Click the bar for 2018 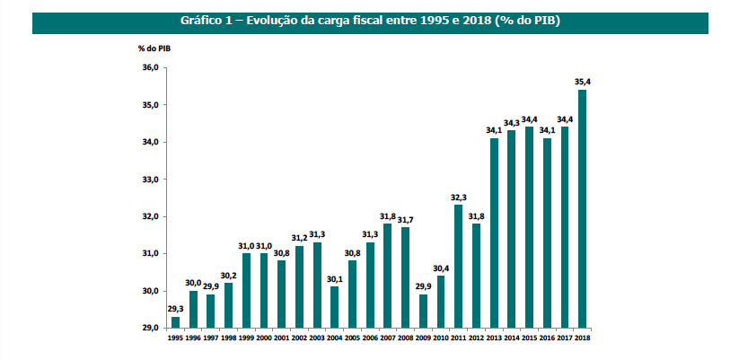(583, 208)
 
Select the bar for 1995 (175, 322)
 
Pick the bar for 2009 (423, 311)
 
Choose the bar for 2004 (335, 307)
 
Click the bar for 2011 (459, 266)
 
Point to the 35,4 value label (583, 82)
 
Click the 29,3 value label (175, 309)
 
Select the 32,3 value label (459, 197)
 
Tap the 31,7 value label (405, 219)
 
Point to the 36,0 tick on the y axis (151, 67)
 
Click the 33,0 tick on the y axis (151, 180)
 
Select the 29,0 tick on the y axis (151, 329)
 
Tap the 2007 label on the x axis (388, 338)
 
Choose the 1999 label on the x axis (246, 338)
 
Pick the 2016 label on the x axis (547, 338)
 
